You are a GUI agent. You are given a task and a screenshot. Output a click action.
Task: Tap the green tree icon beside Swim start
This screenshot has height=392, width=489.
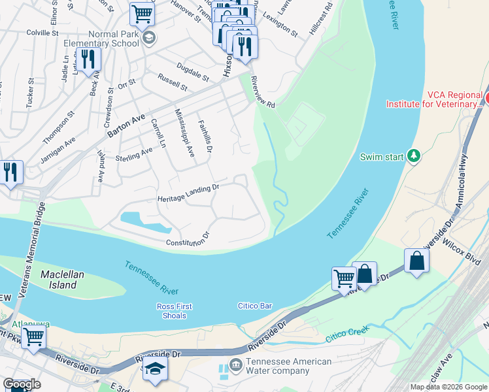[x=413, y=155]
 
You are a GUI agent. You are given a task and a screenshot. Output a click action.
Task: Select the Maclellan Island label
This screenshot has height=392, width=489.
[x=62, y=280]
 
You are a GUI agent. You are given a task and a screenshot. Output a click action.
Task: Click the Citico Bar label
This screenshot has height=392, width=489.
[x=254, y=306]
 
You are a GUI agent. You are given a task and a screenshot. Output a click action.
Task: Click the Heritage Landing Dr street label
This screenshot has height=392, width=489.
[x=188, y=193]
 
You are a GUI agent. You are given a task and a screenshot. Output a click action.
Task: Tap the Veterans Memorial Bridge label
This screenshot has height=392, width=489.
[x=33, y=250]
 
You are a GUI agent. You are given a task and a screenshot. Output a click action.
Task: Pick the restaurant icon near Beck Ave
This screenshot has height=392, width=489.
[x=86, y=59]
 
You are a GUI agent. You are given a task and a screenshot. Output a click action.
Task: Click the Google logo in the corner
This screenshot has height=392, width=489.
[x=22, y=385]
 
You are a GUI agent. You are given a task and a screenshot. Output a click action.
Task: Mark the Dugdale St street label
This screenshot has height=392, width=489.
[x=192, y=72]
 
